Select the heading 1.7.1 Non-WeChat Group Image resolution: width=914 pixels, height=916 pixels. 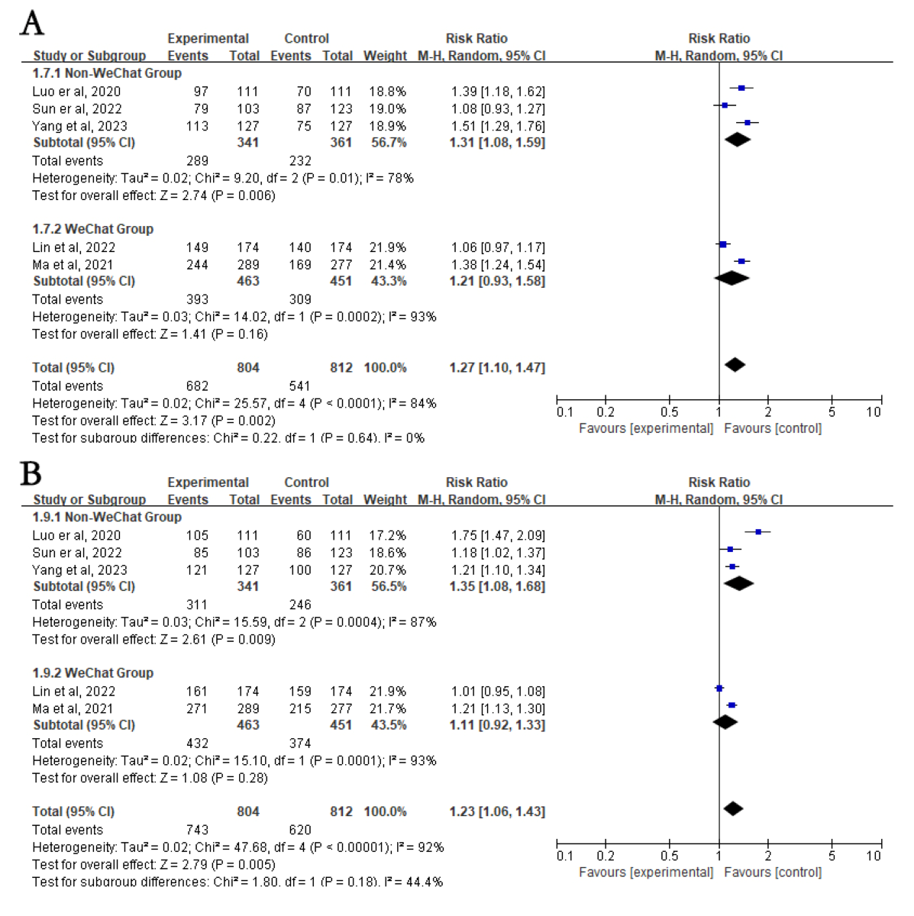[x=107, y=73]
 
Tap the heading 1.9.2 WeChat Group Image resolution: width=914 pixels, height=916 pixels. [x=92, y=672]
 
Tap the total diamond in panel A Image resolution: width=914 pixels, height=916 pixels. [x=735, y=365]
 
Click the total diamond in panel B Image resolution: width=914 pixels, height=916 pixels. [x=733, y=808]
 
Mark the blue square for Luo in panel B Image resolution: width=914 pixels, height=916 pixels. [x=758, y=532]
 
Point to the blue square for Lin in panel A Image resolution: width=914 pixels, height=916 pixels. [x=723, y=244]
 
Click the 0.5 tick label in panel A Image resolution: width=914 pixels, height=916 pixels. [x=669, y=412]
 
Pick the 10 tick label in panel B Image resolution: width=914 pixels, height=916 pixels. [x=874, y=856]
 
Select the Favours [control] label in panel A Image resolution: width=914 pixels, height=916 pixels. [x=773, y=428]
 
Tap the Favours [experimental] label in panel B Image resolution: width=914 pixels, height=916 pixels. [x=646, y=872]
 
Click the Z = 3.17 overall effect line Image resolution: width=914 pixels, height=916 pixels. [x=153, y=421]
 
